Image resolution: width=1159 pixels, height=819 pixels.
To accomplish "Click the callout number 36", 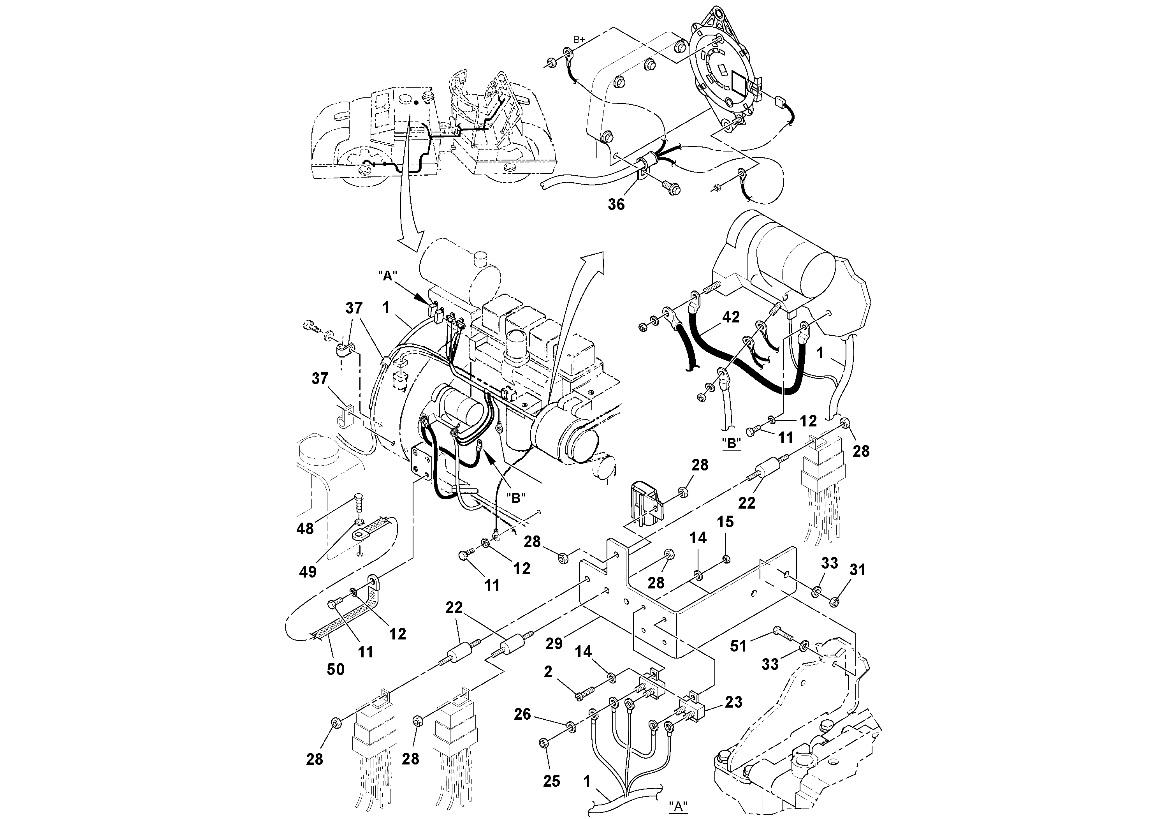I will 616,204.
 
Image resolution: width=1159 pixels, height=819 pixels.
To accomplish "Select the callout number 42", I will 730,317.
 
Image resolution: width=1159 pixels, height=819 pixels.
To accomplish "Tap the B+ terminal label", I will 579,39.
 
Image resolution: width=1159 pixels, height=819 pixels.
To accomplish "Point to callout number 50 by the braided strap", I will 335,669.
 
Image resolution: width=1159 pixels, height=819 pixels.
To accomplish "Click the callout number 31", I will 858,570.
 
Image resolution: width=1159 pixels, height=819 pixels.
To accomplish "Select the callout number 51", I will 739,645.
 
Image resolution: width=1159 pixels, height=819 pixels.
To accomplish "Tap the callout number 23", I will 733,702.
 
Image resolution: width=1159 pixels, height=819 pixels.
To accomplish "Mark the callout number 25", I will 552,781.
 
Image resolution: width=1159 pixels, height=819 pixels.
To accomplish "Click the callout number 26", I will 522,714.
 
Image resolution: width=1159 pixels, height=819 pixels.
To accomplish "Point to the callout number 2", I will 548,671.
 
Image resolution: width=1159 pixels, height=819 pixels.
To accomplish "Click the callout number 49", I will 308,572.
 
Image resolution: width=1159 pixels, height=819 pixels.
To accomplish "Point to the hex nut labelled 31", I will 834,601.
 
